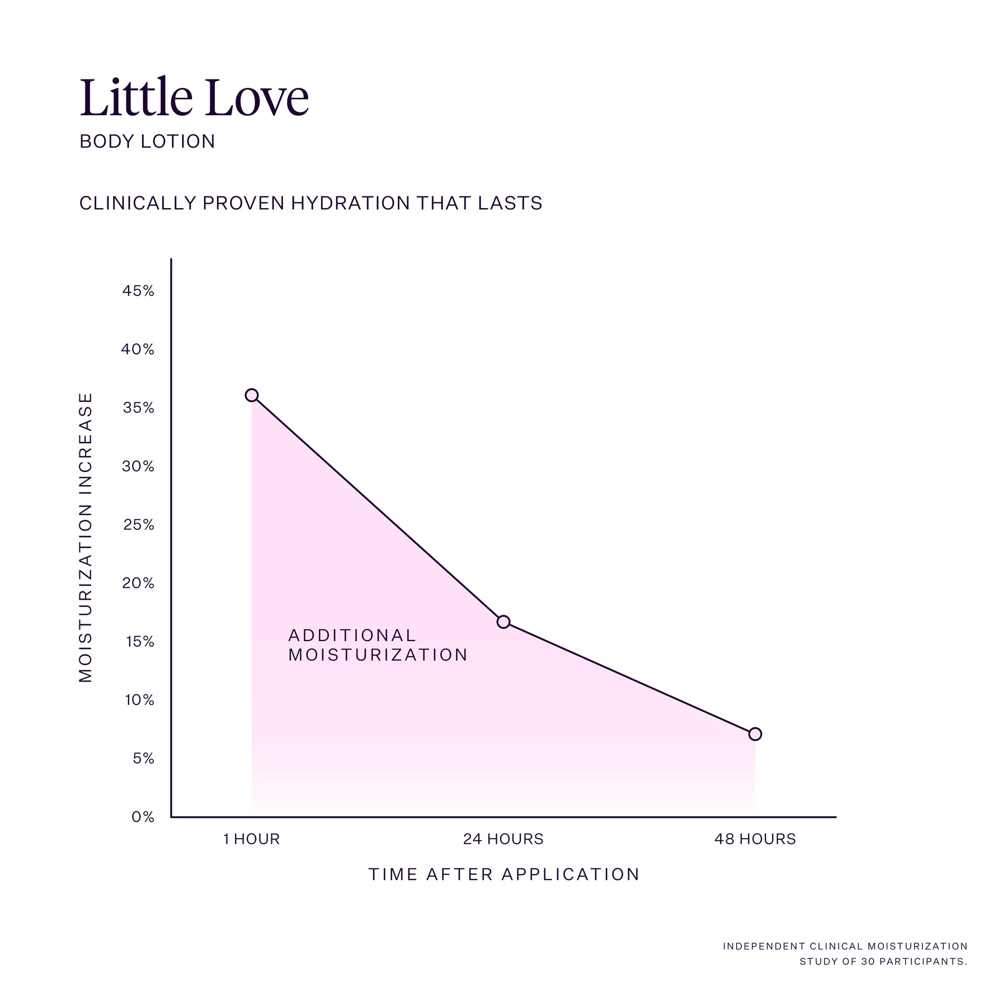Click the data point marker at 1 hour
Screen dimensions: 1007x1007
(x=252, y=395)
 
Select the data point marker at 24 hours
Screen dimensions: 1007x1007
(x=503, y=622)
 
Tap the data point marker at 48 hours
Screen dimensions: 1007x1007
(x=755, y=733)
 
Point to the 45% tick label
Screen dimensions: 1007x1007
(x=138, y=291)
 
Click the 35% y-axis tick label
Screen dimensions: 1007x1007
(x=138, y=408)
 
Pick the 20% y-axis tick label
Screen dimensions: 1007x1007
(x=138, y=583)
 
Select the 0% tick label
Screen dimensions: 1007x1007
(x=143, y=817)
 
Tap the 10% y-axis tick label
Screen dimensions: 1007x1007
(x=139, y=700)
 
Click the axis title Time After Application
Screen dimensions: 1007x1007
(x=504, y=874)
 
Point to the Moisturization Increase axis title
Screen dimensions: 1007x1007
(x=85, y=537)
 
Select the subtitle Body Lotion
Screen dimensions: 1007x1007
(x=147, y=141)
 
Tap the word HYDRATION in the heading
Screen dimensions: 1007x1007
(x=351, y=203)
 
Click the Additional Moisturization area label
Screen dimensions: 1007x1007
(x=378, y=645)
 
